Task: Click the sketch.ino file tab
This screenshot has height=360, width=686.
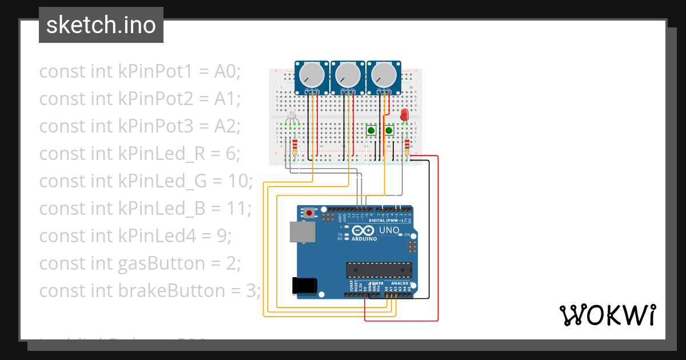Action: [x=101, y=25]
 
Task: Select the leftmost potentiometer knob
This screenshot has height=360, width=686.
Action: [x=312, y=75]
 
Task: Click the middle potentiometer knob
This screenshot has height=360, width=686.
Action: [x=348, y=75]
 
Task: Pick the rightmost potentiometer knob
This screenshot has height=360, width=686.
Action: [x=383, y=75]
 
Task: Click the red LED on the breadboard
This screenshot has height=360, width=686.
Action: [x=405, y=115]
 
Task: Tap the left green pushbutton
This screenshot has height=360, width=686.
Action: [x=371, y=131]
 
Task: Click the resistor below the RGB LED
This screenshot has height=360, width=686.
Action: [x=294, y=147]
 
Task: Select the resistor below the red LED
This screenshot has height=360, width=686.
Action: [x=406, y=147]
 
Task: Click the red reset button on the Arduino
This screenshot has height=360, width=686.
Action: [x=309, y=213]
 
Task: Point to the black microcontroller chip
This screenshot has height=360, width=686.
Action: [x=378, y=270]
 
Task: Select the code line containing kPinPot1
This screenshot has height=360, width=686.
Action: [x=140, y=71]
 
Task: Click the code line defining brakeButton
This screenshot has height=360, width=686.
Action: [x=150, y=291]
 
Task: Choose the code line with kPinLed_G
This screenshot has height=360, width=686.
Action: [x=146, y=181]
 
